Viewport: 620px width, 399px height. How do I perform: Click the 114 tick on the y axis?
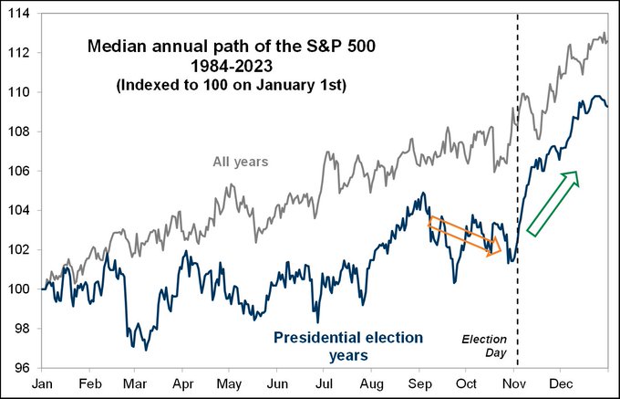click(x=18, y=14)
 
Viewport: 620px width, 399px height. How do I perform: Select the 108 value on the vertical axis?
click(x=18, y=131)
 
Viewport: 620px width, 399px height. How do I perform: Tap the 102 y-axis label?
click(x=18, y=250)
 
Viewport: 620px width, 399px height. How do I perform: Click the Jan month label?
click(x=42, y=385)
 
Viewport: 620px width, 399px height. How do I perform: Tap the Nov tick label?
click(x=515, y=385)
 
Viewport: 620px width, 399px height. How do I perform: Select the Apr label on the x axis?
click(x=184, y=385)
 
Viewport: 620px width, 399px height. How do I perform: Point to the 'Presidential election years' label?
click(x=349, y=347)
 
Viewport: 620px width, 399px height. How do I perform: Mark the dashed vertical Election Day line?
click(x=518, y=183)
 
